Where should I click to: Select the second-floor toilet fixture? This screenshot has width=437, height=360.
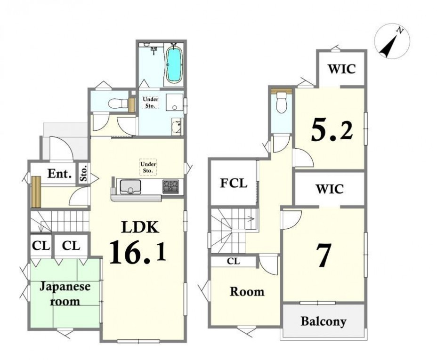pos(281,102)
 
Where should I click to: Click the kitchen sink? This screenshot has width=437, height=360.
pos(130,186)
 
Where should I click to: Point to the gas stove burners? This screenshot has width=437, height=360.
pos(170,186)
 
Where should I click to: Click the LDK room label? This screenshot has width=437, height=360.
pos(140,227)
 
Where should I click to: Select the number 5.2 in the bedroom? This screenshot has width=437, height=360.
pos(332,129)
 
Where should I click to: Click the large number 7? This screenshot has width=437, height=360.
pos(324,256)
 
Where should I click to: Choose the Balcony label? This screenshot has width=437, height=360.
pos(324,321)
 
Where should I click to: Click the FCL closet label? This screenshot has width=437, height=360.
pos(234,183)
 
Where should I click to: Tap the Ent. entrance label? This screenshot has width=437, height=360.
pos(59,174)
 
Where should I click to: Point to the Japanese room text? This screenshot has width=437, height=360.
pos(65,294)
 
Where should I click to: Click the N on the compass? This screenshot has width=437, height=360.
pos(400,31)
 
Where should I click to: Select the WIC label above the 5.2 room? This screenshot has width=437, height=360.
pos(342,69)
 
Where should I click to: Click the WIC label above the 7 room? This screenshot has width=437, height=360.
pos(330,189)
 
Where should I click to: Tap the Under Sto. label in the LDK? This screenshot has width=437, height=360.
pos(148,168)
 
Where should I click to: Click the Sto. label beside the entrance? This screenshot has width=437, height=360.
pos(84,173)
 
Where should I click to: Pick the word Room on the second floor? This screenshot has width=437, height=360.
pos(247,291)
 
